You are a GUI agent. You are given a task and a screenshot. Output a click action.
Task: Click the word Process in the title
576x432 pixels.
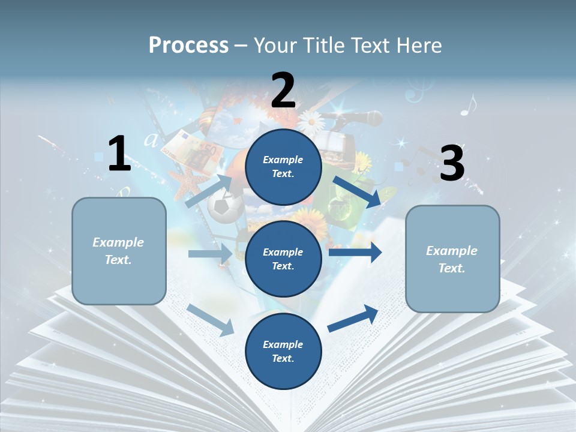click(188, 45)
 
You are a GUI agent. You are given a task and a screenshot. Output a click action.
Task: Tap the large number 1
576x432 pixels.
click(119, 154)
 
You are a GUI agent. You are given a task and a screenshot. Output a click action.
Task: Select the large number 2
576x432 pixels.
click(283, 91)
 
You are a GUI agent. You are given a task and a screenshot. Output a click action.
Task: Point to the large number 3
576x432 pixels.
click(452, 164)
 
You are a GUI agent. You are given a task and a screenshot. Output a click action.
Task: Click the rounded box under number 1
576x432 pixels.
click(119, 251)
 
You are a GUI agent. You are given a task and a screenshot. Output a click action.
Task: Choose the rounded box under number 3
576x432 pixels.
click(452, 259)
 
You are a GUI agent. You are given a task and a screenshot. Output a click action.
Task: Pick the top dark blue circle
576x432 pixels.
click(283, 167)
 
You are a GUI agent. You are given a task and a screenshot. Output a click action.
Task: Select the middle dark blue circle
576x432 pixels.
click(283, 259)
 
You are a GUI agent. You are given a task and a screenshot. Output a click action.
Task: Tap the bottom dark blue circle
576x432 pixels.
click(283, 352)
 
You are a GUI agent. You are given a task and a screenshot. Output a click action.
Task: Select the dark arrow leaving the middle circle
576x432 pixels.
click(356, 253)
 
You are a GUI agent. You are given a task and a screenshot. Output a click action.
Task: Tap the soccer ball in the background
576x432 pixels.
click(224, 207)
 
